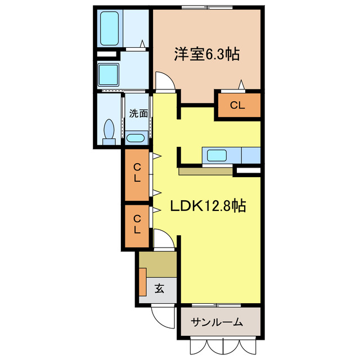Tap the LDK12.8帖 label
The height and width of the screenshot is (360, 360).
pyautogui.click(x=208, y=206)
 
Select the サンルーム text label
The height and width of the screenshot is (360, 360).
pyautogui.click(x=217, y=322)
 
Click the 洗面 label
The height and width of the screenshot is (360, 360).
pyautogui.click(x=138, y=113)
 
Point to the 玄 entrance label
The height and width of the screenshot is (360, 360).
pyautogui.click(x=159, y=290)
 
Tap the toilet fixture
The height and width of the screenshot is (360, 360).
pyautogui.click(x=109, y=130)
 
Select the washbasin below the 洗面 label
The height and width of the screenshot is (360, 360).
pyautogui.click(x=136, y=138)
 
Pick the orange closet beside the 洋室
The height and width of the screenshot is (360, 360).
pyautogui.click(x=239, y=105)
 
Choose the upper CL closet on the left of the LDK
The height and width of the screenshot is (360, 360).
pyautogui.click(x=137, y=173)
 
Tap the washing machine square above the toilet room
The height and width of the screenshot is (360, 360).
pyautogui.click(x=108, y=73)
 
